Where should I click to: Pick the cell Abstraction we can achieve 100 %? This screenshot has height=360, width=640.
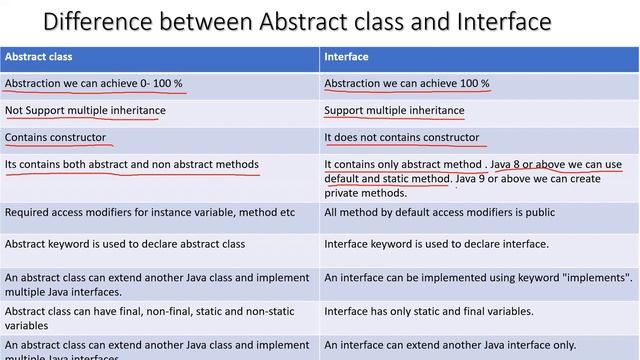(406, 84)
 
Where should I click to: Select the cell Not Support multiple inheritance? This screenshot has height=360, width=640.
(85, 111)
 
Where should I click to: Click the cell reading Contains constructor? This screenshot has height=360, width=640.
(55, 138)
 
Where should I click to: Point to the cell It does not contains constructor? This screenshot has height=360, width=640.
(401, 138)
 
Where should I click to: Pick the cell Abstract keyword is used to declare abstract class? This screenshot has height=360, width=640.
(125, 244)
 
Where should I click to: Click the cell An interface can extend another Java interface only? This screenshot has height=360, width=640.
(450, 345)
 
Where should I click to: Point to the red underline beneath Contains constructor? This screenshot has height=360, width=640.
(55, 146)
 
